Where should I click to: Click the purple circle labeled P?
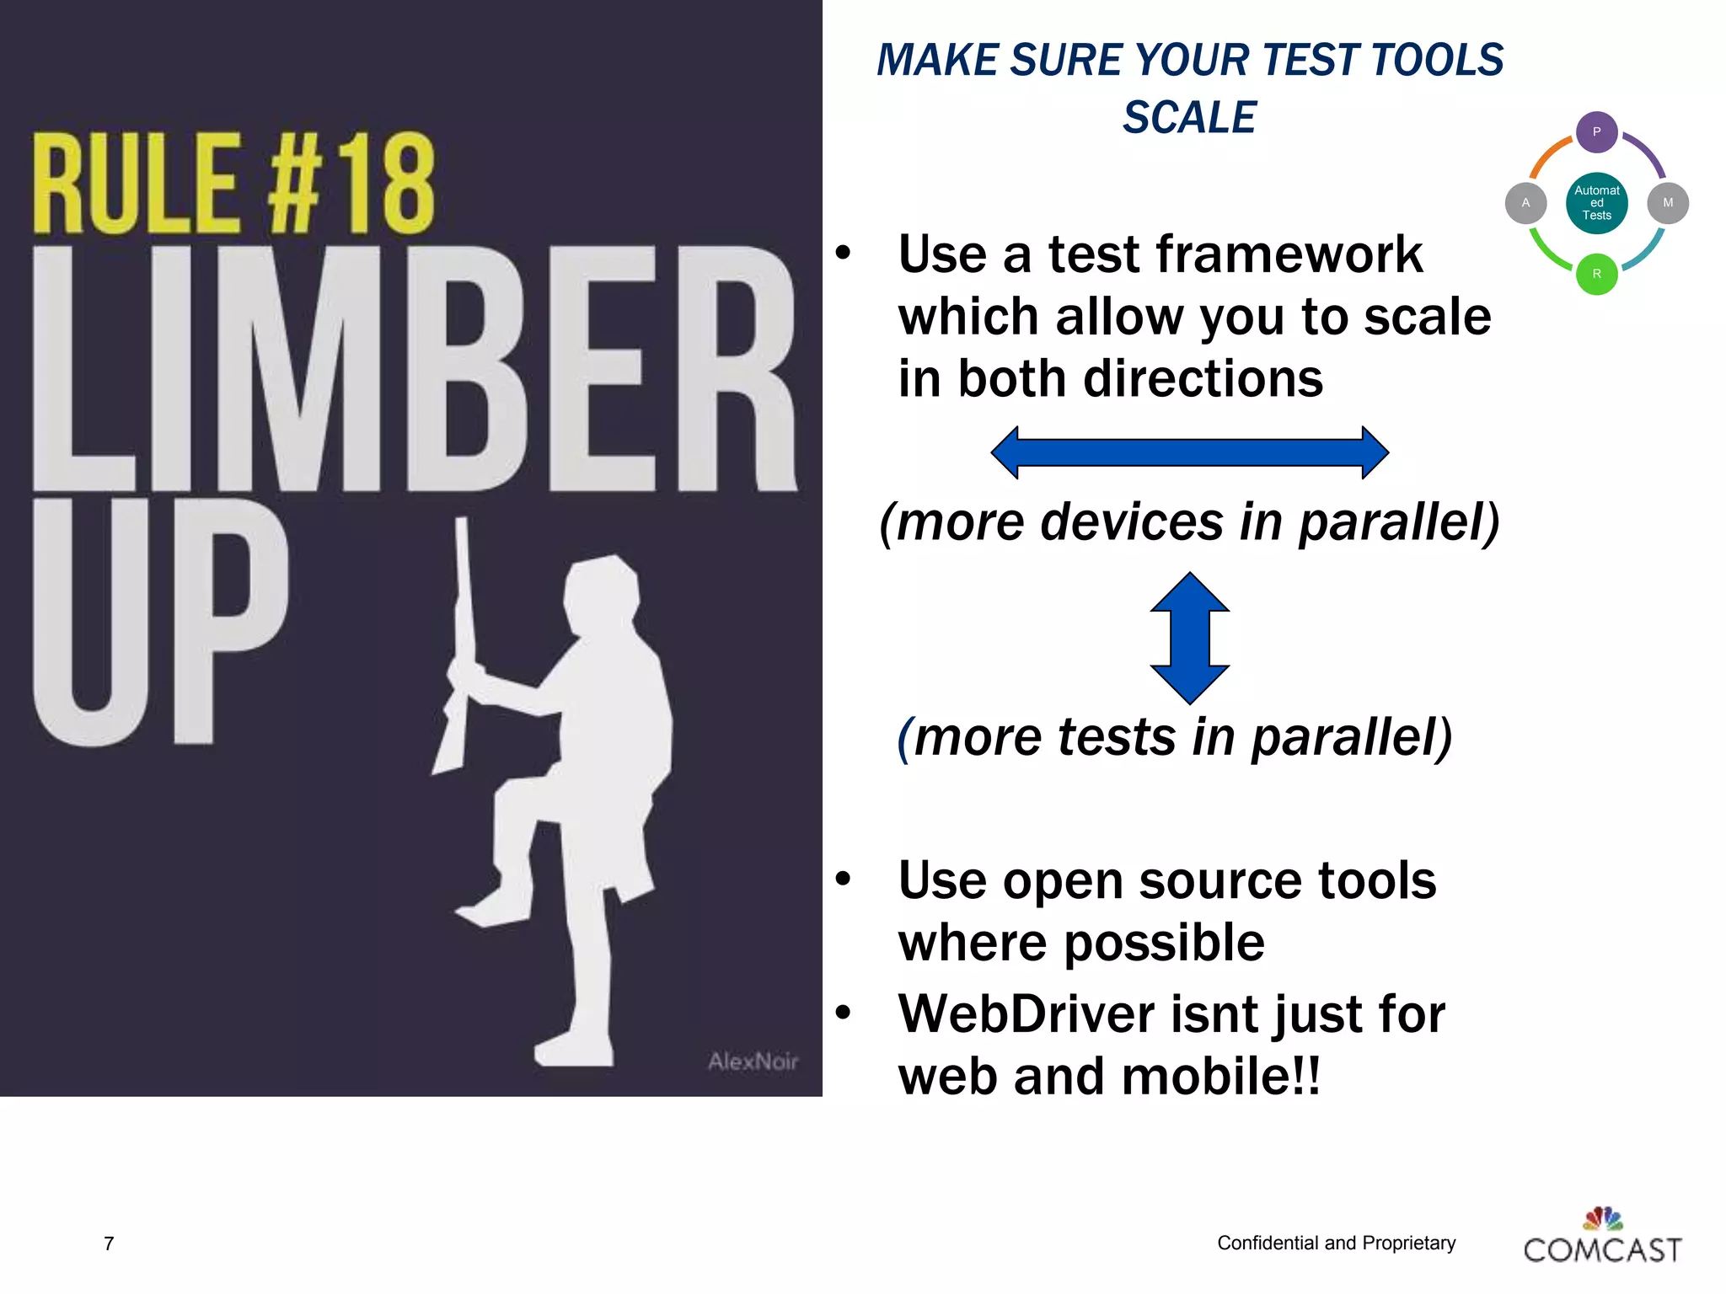click(1596, 132)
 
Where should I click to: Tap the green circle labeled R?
click(1596, 274)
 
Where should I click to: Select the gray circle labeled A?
click(1525, 203)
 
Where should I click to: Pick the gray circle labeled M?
click(1667, 203)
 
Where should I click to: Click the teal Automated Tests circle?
click(1596, 203)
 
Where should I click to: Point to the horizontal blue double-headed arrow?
click(1189, 452)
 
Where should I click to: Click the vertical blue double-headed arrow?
click(1189, 638)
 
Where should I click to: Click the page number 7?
click(109, 1243)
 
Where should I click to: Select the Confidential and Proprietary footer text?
click(1336, 1243)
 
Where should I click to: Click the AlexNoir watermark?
click(753, 1061)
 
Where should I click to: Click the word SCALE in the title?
click(1189, 117)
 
